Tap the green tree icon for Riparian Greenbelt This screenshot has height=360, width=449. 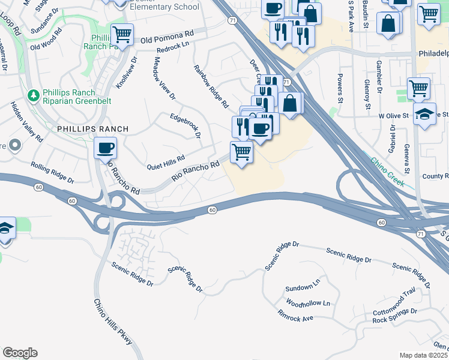pyautogui.click(x=34, y=95)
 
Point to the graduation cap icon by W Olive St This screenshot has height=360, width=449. pyautogui.click(x=425, y=115)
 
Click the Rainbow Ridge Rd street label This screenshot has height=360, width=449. pyautogui.click(x=211, y=86)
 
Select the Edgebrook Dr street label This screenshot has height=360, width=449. pyautogui.click(x=185, y=125)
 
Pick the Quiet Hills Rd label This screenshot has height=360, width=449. pyautogui.click(x=166, y=161)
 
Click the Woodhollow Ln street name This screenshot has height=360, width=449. pyautogui.click(x=308, y=303)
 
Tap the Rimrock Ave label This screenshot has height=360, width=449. pyautogui.click(x=295, y=315)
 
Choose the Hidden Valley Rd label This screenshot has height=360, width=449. pyautogui.click(x=27, y=121)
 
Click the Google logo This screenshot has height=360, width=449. pyautogui.click(x=20, y=353)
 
